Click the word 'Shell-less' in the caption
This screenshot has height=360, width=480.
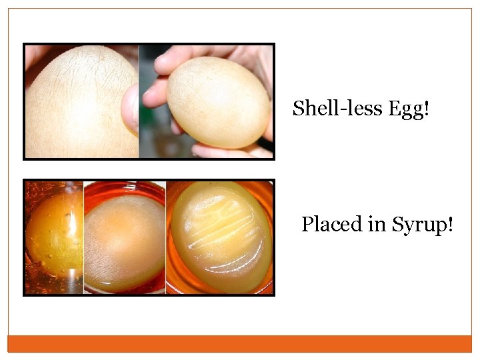point(327,108)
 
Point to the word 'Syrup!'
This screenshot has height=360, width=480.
point(423,225)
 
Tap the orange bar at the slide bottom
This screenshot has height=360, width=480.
point(240,343)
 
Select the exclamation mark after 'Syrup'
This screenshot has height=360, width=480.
point(451,224)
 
